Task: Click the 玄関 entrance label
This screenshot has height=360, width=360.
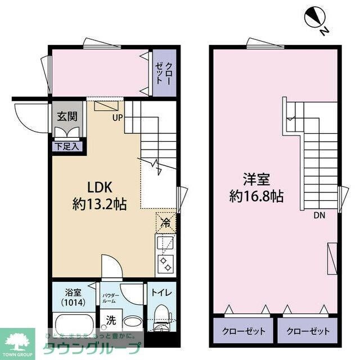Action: pos(67,117)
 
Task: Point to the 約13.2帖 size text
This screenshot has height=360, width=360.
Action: pos(100,204)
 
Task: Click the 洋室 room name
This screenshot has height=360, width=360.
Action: pos(256,180)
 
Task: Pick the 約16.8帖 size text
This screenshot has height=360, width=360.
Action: pos(256,196)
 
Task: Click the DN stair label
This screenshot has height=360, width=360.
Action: pos(319,214)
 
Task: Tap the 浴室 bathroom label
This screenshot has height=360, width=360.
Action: pos(73,292)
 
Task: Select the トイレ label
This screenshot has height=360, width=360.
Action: pos(161,292)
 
